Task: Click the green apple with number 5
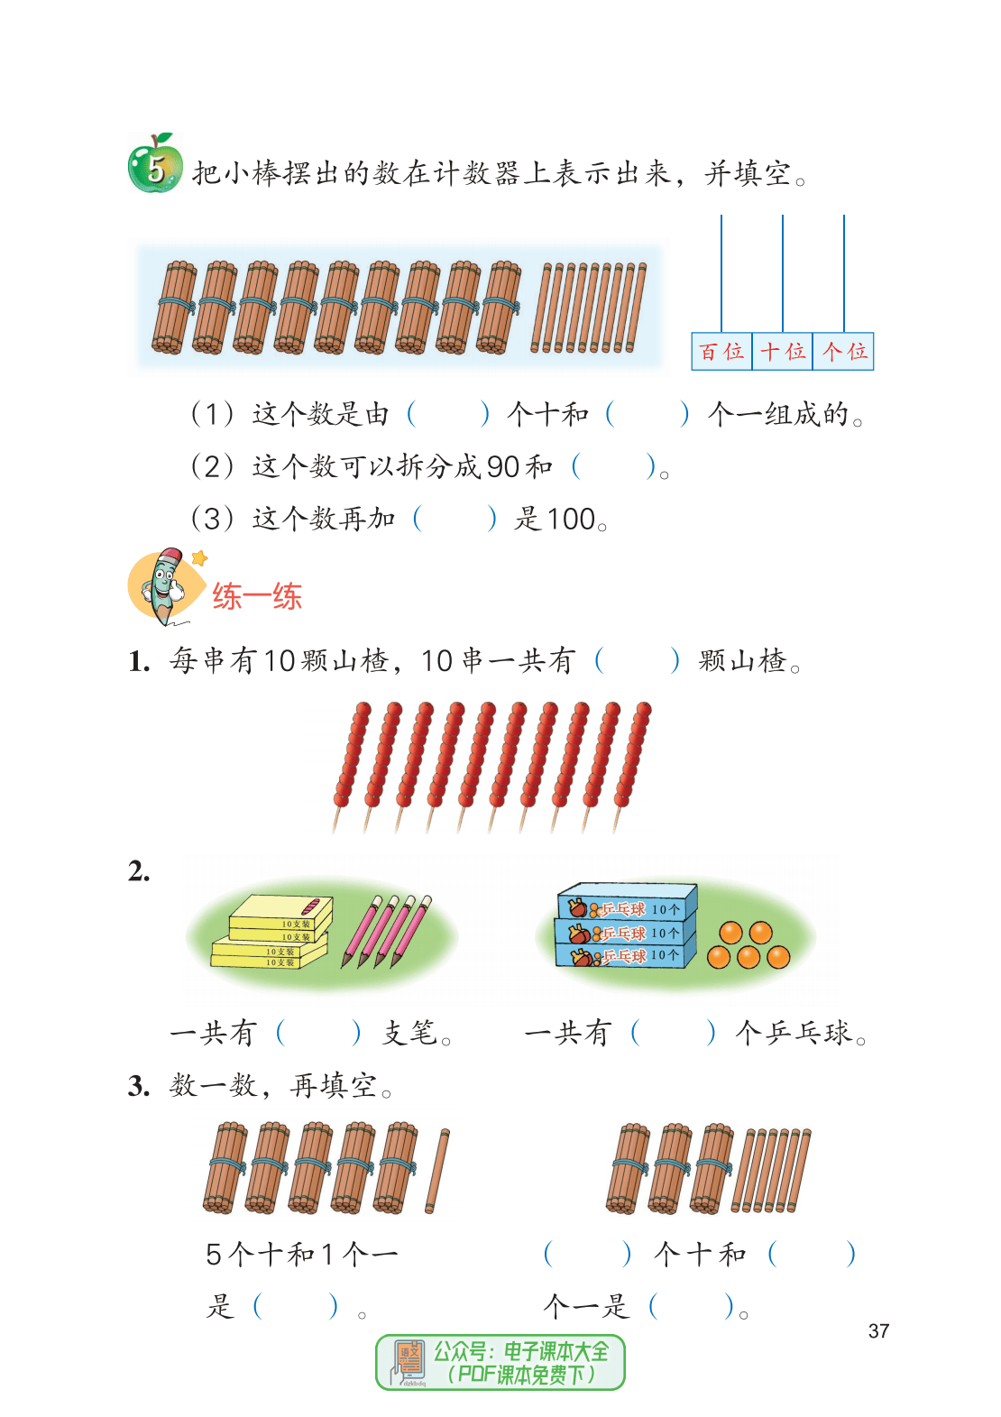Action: pyautogui.click(x=155, y=163)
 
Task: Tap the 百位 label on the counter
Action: pyautogui.click(x=721, y=351)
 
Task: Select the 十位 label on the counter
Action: pyautogui.click(x=782, y=351)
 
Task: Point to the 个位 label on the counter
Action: pyautogui.click(x=843, y=351)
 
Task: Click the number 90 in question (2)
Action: pyautogui.click(x=503, y=467)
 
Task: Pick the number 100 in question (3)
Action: pyautogui.click(x=571, y=520)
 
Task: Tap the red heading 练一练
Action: pyautogui.click(x=257, y=596)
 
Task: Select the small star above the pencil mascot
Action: pyautogui.click(x=200, y=557)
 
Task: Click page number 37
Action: pyautogui.click(x=878, y=1331)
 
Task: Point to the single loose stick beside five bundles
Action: pyautogui.click(x=437, y=1171)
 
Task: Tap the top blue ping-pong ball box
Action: pyautogui.click(x=628, y=901)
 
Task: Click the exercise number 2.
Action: pyautogui.click(x=139, y=871)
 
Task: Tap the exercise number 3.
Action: pyautogui.click(x=139, y=1086)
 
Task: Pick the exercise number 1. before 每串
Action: pyautogui.click(x=139, y=662)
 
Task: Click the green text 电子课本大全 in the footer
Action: pyautogui.click(x=556, y=1352)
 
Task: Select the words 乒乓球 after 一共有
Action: pyautogui.click(x=809, y=1033)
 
